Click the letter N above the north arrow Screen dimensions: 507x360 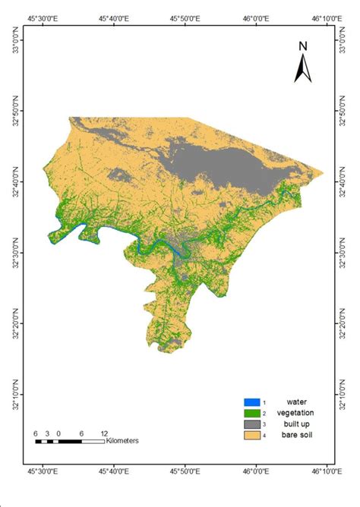(x=302, y=46)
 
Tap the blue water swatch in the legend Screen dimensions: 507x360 (x=252, y=402)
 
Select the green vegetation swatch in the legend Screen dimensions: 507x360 (x=252, y=413)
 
